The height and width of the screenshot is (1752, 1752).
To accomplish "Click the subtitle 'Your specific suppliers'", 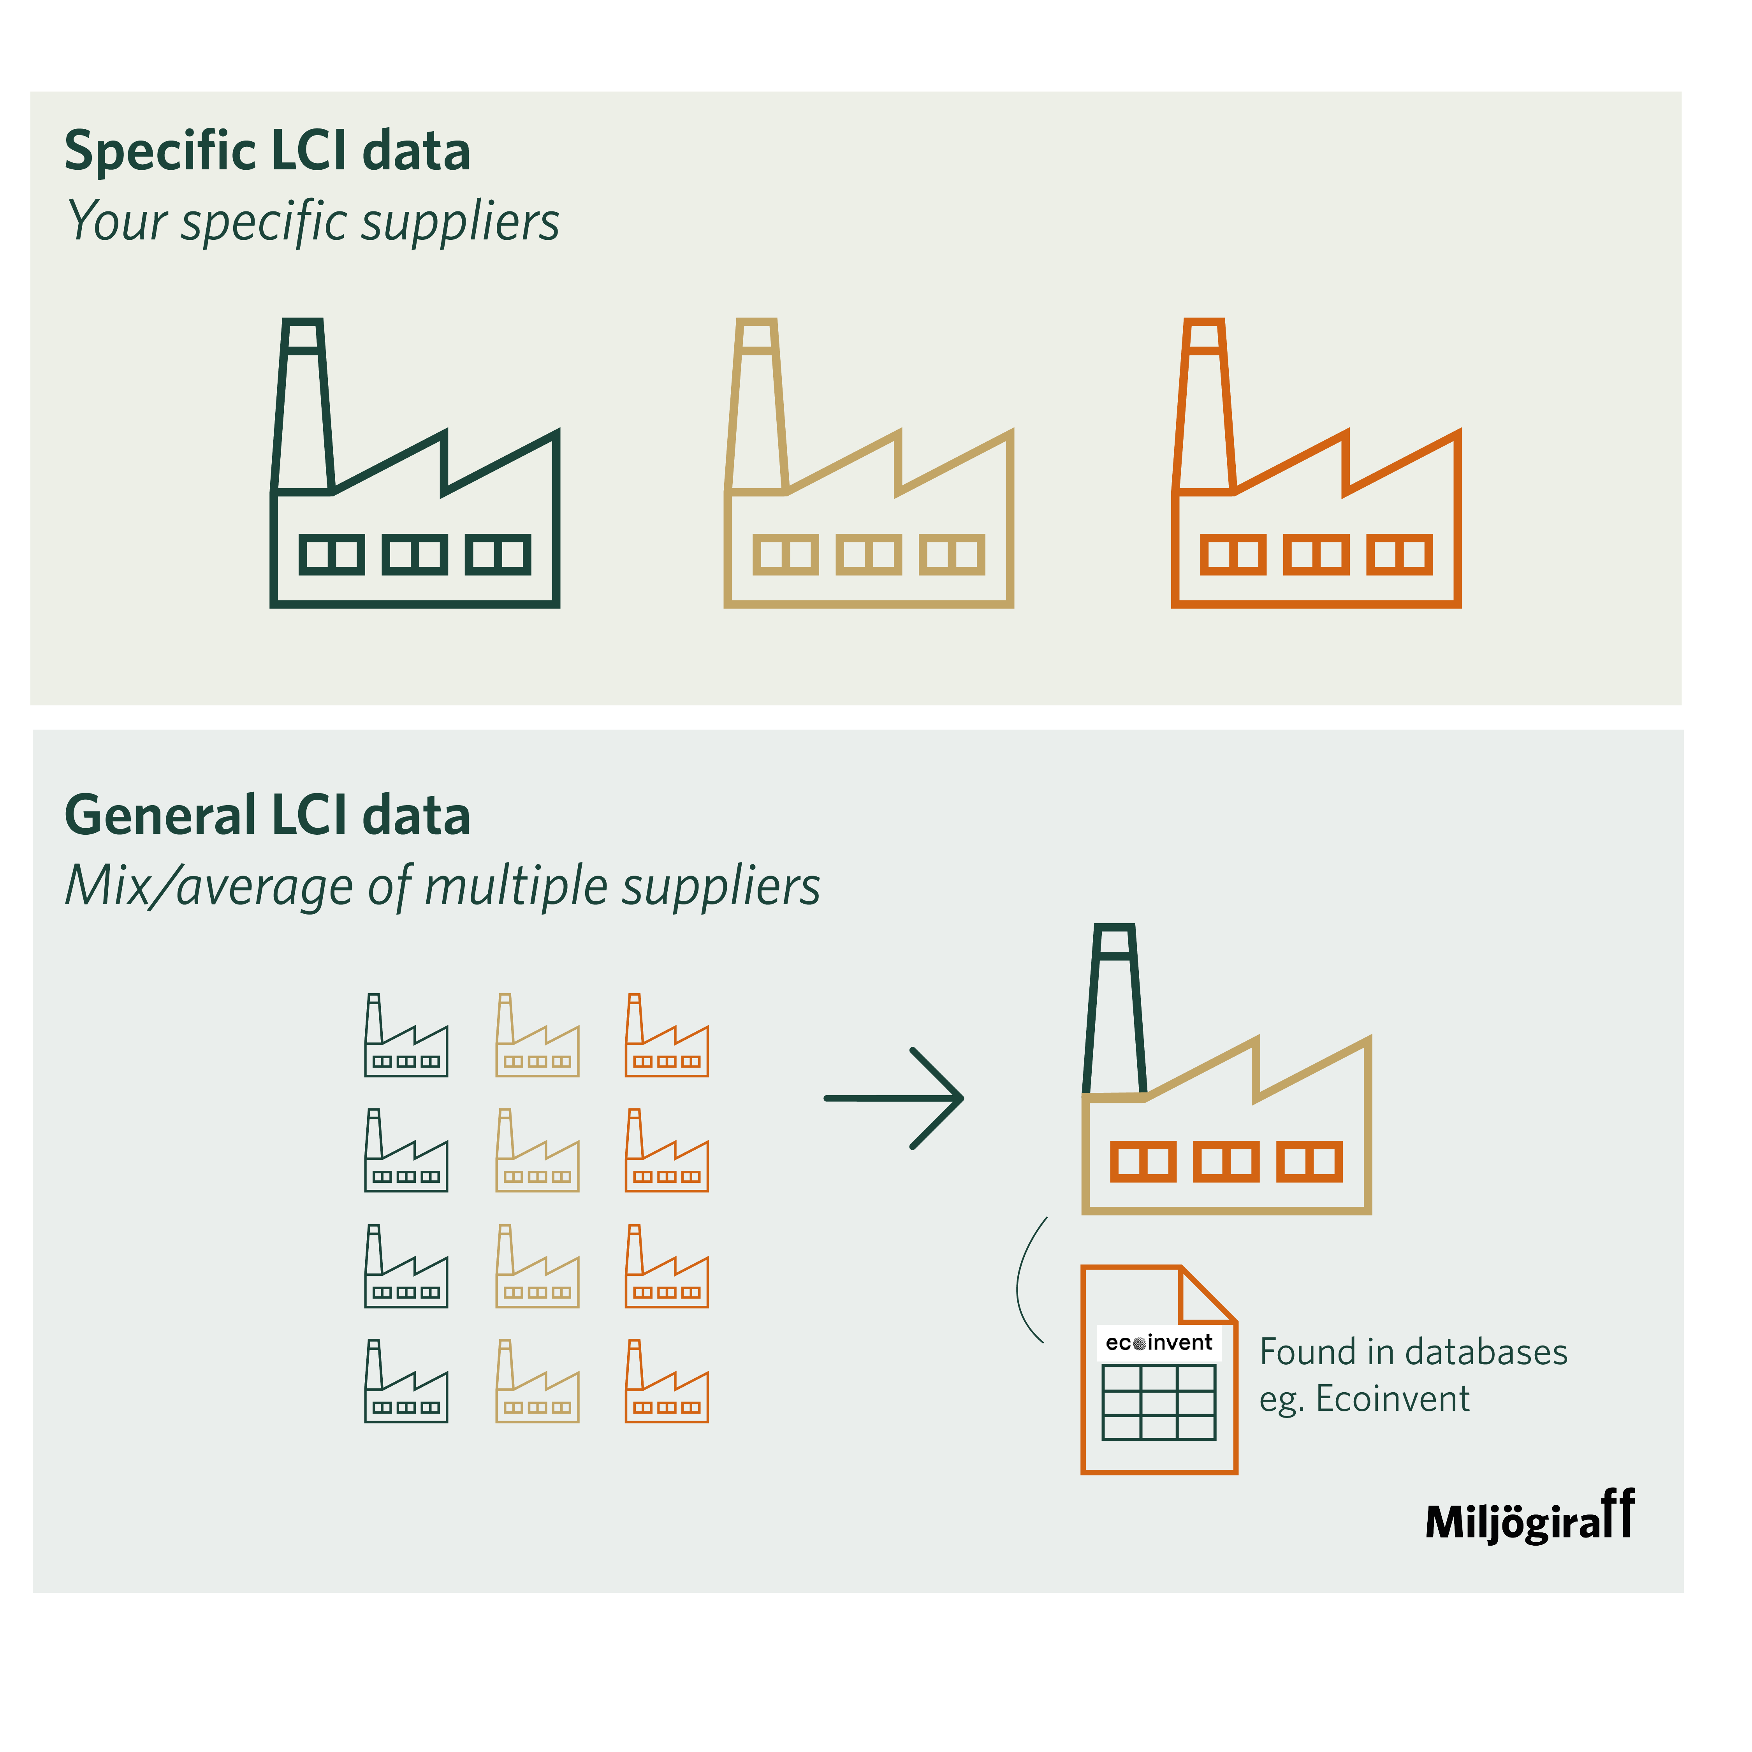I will click(313, 222).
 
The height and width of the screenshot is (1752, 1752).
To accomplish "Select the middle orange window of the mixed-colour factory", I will click(1226, 1162).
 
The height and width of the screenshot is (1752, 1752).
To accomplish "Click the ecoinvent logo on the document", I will click(1159, 1342).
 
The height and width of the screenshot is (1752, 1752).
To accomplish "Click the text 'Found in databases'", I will click(1413, 1352).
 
